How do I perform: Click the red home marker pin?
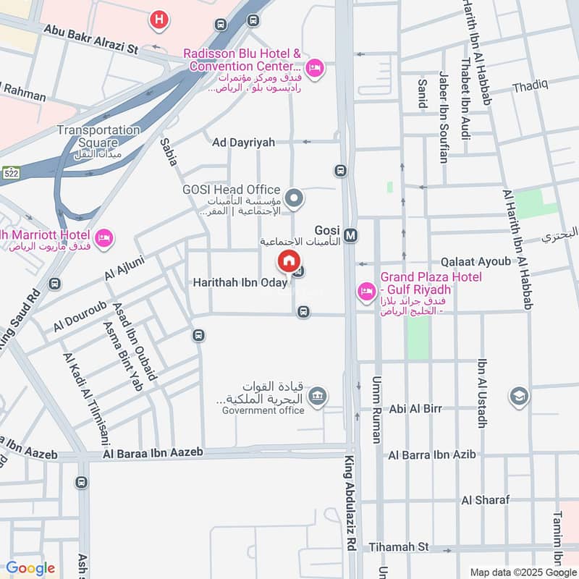(x=288, y=261)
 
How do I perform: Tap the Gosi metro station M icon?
(x=351, y=235)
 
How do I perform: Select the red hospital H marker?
(x=159, y=20)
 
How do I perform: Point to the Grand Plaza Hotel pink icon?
(x=366, y=291)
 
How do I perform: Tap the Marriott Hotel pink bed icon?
(x=105, y=238)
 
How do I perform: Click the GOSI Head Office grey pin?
(x=294, y=198)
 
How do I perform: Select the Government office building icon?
(x=316, y=396)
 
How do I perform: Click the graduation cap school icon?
(x=519, y=396)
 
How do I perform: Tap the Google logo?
(x=30, y=568)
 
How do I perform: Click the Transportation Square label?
(x=98, y=130)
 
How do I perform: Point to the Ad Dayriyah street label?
(x=243, y=143)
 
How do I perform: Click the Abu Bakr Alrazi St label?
(x=91, y=30)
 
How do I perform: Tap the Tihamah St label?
(x=399, y=547)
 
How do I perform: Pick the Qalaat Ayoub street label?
(x=476, y=261)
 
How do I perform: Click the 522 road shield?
(x=10, y=174)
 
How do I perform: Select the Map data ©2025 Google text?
(x=523, y=572)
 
